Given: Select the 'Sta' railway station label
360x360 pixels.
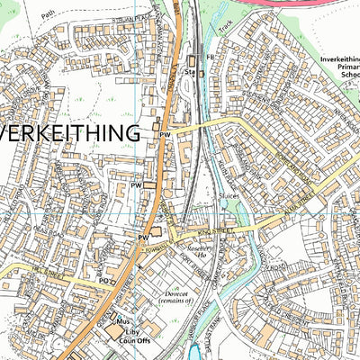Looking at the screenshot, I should pyautogui.click(x=189, y=71).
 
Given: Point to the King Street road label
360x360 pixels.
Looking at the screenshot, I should pyautogui.click(x=210, y=231).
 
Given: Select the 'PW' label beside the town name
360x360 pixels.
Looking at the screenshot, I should pyautogui.click(x=165, y=134).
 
